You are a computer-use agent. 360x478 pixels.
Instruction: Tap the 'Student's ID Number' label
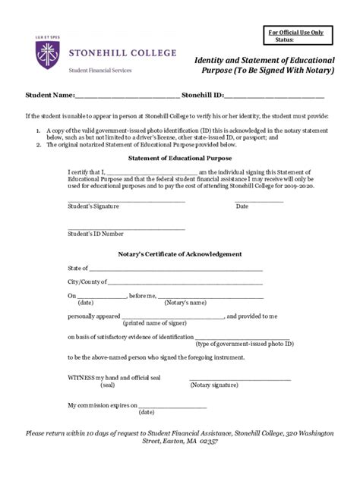(x=96, y=234)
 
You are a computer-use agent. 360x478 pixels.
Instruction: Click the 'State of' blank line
(x=175, y=269)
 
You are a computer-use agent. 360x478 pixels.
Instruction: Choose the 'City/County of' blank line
(x=186, y=282)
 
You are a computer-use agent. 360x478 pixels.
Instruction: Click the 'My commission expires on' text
(x=103, y=405)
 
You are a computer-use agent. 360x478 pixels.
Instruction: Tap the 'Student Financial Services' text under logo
(x=100, y=70)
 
